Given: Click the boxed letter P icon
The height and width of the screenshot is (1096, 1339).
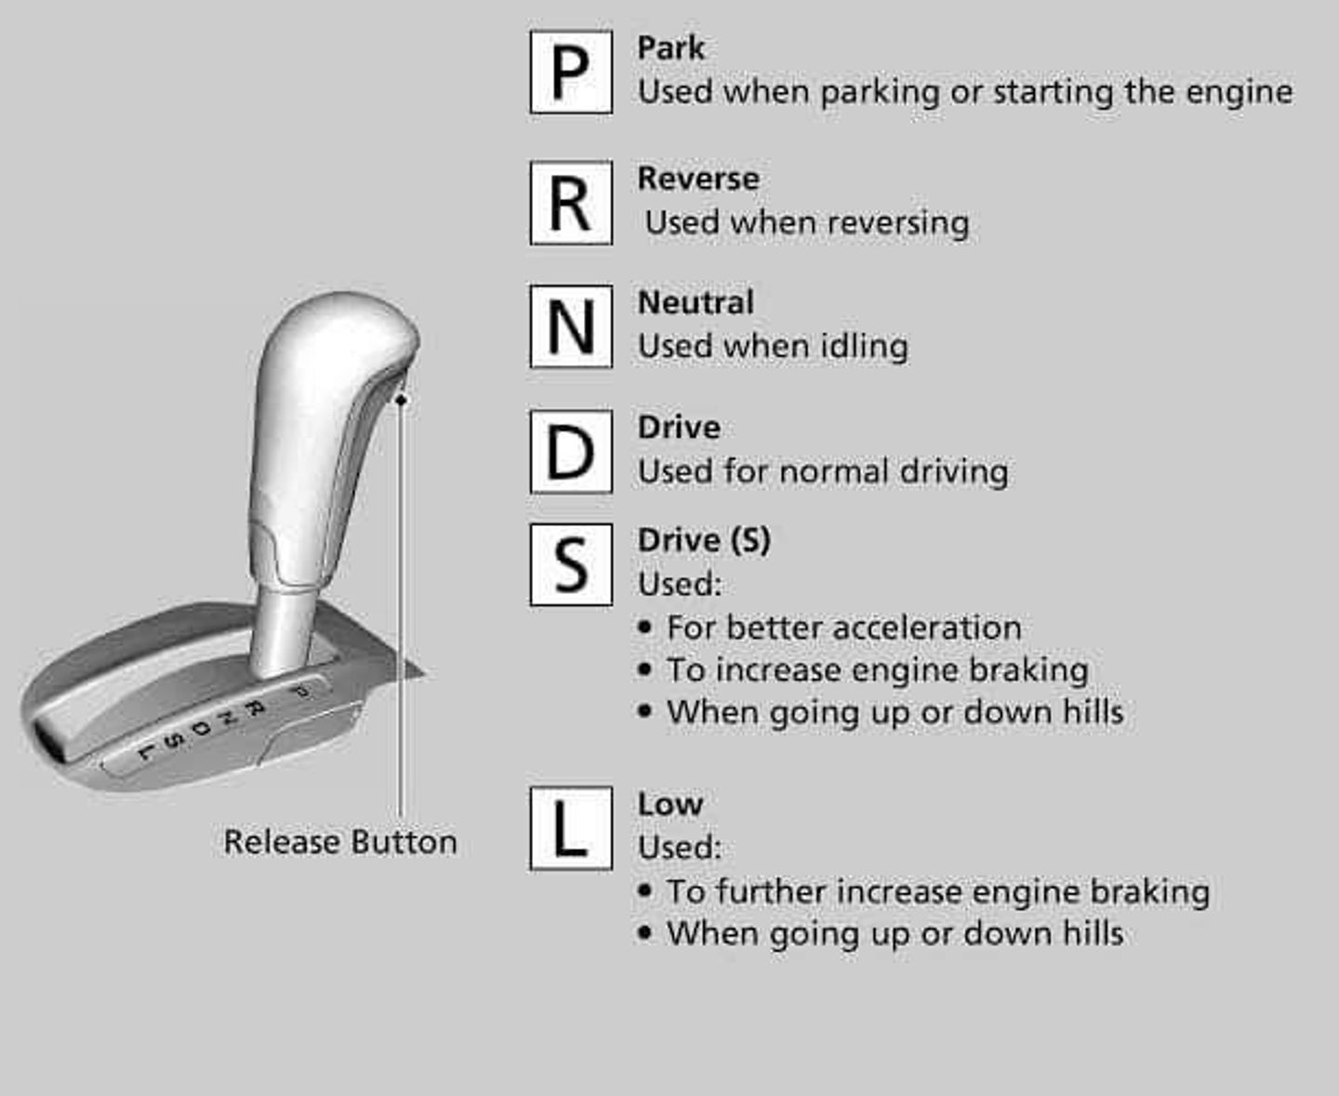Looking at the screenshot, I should click(x=570, y=73).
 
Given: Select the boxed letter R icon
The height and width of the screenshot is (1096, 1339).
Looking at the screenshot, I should click(x=570, y=203).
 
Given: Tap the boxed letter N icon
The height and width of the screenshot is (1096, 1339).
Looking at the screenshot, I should click(x=570, y=326).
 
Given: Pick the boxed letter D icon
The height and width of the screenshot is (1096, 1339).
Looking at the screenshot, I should click(x=570, y=452).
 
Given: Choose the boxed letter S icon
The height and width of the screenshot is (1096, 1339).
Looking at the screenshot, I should click(x=570, y=564).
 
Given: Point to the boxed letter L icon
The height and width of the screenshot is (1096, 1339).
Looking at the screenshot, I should click(x=570, y=828).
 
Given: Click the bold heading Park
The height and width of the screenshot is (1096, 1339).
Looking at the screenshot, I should click(x=670, y=48).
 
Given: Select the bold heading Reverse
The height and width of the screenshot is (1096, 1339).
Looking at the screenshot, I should click(x=697, y=178).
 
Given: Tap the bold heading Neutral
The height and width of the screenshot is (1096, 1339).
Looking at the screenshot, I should click(x=695, y=303).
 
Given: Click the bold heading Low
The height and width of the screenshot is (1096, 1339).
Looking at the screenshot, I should click(x=669, y=804).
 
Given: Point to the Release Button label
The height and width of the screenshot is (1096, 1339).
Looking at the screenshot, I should click(x=340, y=842).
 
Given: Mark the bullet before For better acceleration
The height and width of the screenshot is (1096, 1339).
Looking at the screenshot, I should click(x=645, y=627).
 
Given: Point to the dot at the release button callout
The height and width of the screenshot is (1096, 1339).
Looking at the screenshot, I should click(x=401, y=400).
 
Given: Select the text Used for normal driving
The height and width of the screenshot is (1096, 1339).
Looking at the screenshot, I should click(x=822, y=472).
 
